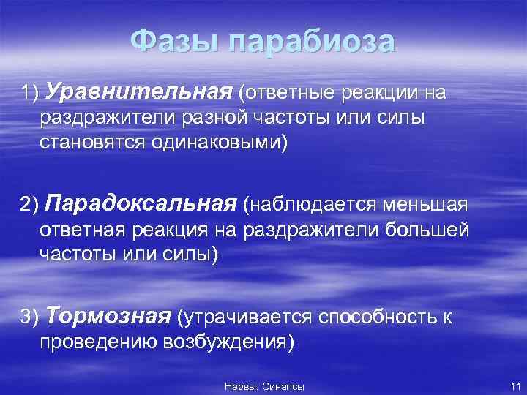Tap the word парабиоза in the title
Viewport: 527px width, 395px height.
pos(310,42)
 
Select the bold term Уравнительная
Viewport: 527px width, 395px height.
pos(138,94)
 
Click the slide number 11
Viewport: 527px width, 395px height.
pos(514,385)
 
